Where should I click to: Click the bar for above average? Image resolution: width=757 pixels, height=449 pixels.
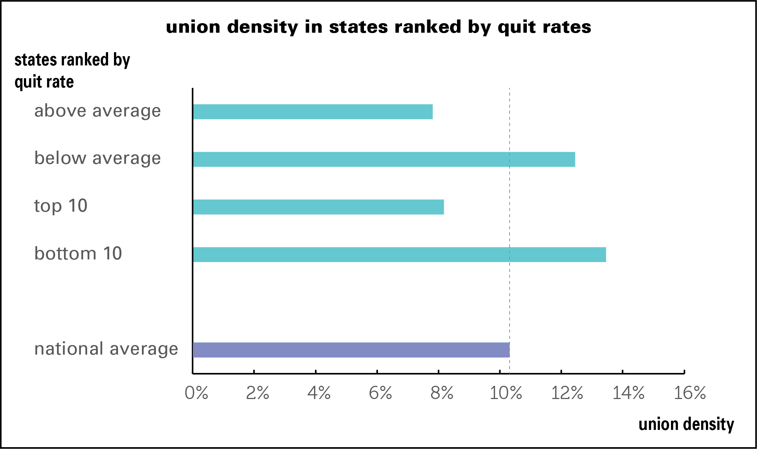[313, 112]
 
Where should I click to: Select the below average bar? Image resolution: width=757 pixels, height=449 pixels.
[384, 159]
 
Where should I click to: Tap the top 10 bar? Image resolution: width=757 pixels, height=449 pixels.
[318, 207]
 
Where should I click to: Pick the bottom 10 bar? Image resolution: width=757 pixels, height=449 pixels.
[399, 255]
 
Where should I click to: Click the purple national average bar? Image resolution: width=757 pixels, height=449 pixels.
[351, 350]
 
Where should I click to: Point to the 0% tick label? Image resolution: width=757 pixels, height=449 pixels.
[196, 393]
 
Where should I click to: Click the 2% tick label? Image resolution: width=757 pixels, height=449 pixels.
[257, 393]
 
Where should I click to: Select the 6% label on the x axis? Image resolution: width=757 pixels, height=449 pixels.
[380, 393]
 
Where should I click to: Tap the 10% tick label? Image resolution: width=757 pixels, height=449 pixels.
[506, 393]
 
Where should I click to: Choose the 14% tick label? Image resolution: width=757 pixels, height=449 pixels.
[628, 393]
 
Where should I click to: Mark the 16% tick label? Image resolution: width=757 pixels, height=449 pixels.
[690, 393]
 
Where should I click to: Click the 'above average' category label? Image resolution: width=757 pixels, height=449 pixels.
[97, 111]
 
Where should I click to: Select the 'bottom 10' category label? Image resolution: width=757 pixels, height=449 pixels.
[78, 254]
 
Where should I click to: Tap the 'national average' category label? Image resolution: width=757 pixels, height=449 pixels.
[106, 349]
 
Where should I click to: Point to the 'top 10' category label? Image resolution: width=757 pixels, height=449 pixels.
[61, 206]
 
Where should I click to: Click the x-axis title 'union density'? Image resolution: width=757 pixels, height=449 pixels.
[686, 424]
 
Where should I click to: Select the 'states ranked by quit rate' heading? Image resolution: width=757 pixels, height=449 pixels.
[72, 71]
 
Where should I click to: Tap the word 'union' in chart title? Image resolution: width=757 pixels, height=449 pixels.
[193, 27]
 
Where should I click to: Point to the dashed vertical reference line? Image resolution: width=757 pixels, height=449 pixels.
[510, 301]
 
